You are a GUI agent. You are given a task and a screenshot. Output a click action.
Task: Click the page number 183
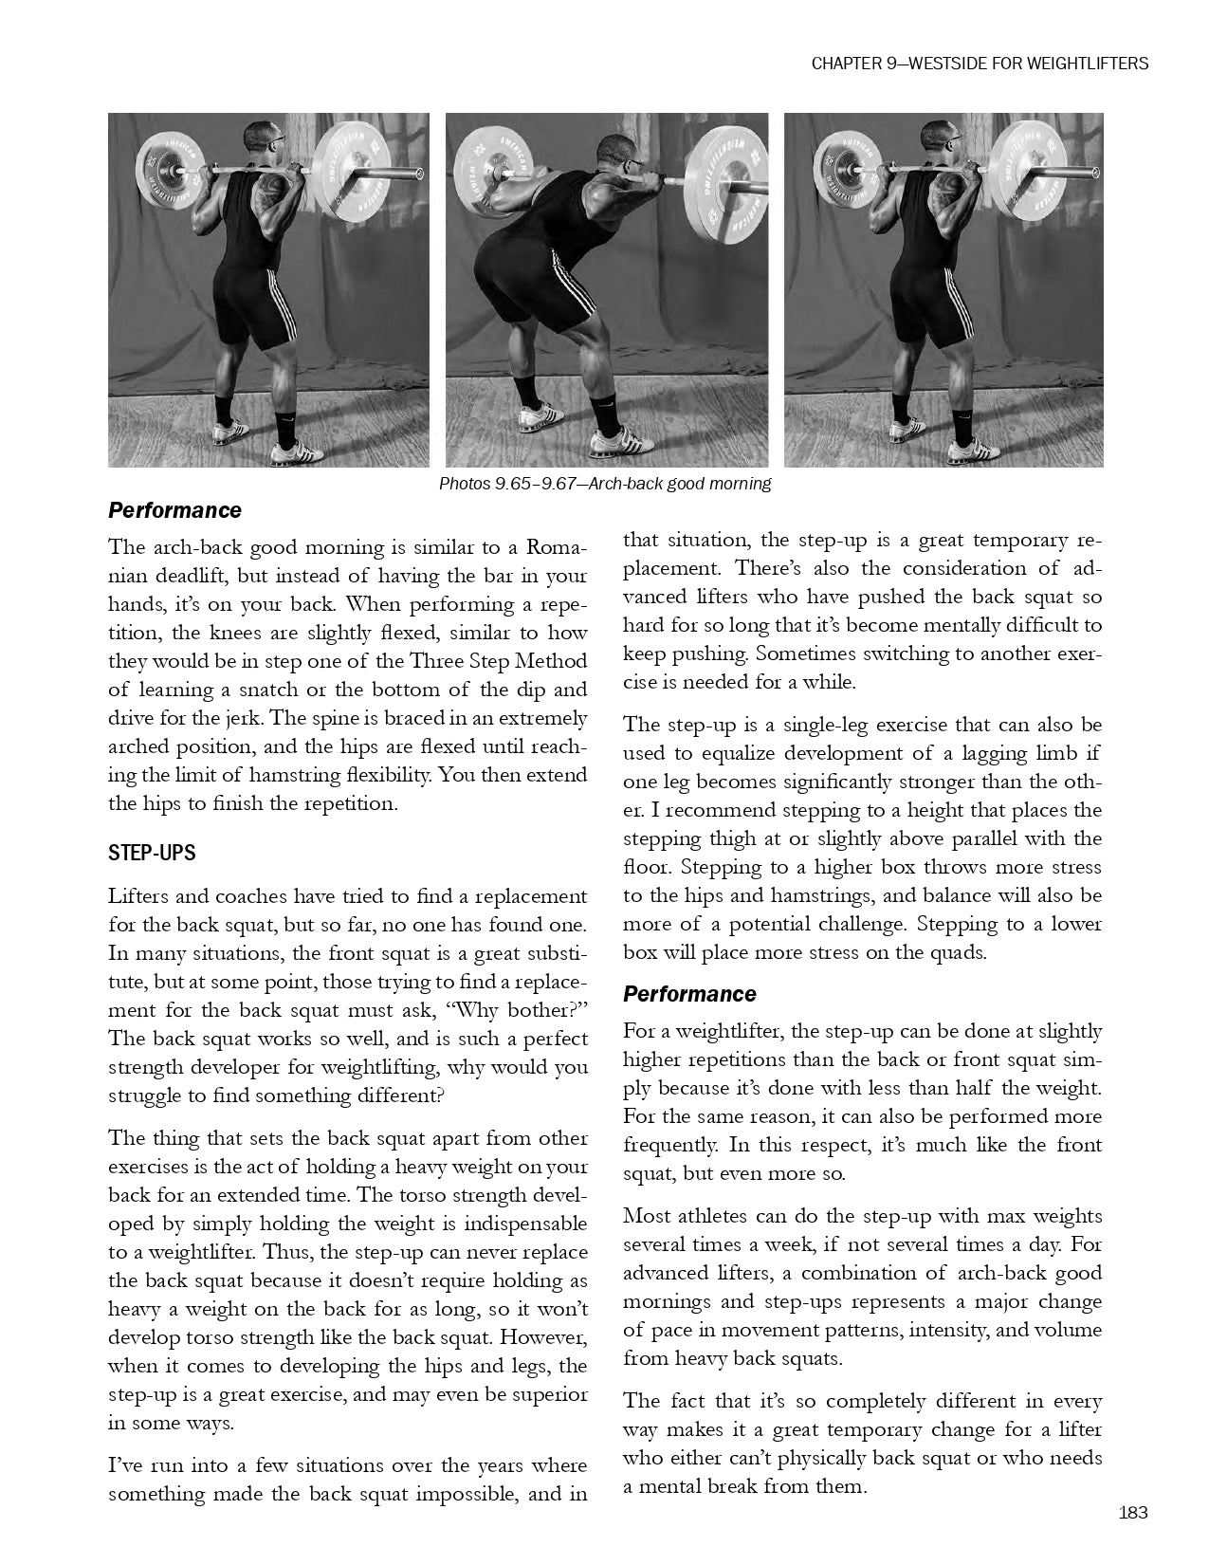pos(1133,1512)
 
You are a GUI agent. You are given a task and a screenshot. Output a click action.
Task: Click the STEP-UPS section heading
pos(152,853)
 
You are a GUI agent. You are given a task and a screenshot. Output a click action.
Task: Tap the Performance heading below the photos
pos(174,510)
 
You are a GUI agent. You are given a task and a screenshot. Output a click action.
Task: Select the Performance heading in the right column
pos(689,994)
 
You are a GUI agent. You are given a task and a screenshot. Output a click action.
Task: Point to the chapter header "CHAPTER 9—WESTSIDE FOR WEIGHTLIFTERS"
pos(980,64)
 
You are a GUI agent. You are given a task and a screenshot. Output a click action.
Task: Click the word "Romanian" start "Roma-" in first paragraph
pos(557,547)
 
